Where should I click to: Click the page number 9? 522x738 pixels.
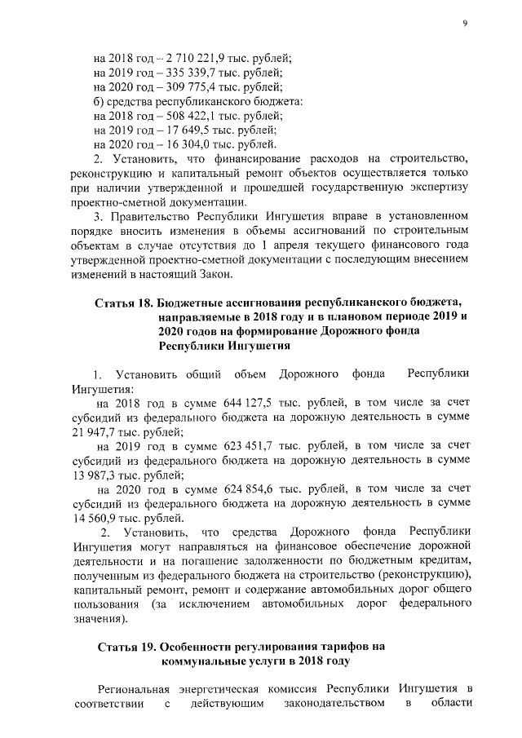(x=464, y=24)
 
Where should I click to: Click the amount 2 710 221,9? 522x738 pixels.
(x=198, y=58)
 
